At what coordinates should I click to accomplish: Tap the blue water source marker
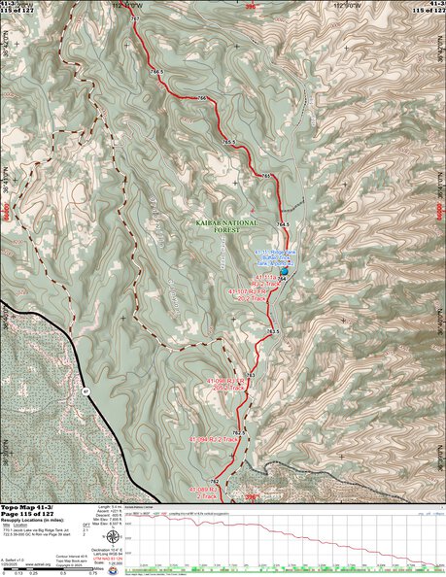tap(283, 277)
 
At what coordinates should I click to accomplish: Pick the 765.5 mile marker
tap(229, 143)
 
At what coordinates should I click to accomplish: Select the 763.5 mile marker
tap(274, 332)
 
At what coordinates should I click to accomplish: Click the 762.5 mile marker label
tap(238, 431)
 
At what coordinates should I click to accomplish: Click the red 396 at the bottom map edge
tap(254, 498)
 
